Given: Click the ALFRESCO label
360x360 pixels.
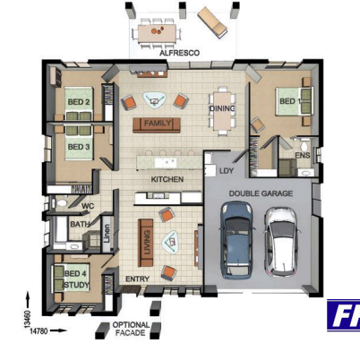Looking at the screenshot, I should [179, 53].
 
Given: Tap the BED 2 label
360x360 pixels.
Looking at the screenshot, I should [79, 102].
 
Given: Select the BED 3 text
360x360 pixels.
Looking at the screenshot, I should [79, 146].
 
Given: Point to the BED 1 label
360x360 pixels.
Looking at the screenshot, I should [288, 102].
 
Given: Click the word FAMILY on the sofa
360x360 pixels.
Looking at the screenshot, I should [158, 123].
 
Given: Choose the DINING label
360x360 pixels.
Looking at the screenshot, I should [222, 107].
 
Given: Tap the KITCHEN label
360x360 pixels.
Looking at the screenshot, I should [167, 179].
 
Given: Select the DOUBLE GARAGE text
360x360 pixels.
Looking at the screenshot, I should [260, 193].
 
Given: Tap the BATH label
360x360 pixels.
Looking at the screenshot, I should [80, 225].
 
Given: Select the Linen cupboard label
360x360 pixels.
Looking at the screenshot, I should [107, 231].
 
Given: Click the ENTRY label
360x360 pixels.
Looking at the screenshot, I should [137, 279].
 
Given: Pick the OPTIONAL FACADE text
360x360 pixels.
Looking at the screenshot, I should [131, 329].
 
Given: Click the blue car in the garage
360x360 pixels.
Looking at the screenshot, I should [236, 237].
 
